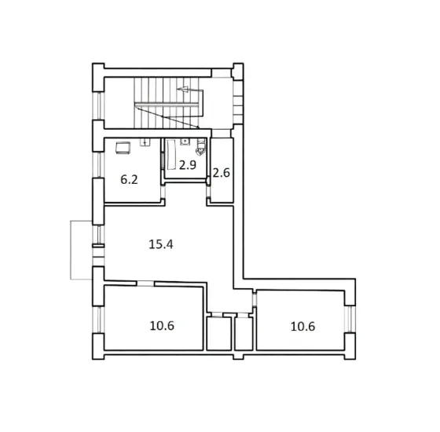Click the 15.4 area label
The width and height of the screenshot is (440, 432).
pos(160,244)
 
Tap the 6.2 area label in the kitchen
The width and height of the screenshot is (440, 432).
pos(129,179)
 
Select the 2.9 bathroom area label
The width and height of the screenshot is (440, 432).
pos(186,165)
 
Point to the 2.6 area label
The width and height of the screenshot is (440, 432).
pos(221,173)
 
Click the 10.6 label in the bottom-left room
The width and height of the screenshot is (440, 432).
pos(162,326)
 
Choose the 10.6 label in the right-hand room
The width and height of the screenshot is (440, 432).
pos(302,326)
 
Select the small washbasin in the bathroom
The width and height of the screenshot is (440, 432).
pos(184,142)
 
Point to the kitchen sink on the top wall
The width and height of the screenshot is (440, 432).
pos(145,143)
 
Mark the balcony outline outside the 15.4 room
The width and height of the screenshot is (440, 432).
pos(81,250)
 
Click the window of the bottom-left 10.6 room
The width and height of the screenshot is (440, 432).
pos(98,319)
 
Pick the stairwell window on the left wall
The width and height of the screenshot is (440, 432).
pos(98,104)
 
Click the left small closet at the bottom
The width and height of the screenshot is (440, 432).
pos(215,333)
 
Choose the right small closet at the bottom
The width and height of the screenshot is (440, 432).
pos(243,333)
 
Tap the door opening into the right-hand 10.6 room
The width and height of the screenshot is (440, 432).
pos(254,300)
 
